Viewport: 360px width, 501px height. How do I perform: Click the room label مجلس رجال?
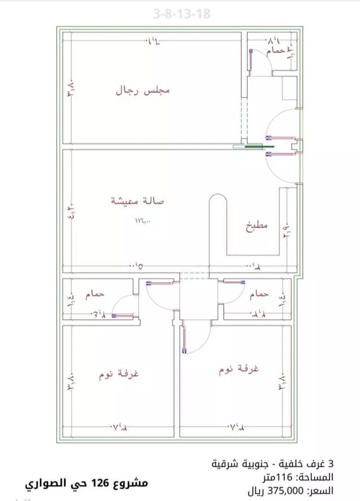[x=143, y=90]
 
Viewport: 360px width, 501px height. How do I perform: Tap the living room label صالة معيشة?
[x=138, y=202]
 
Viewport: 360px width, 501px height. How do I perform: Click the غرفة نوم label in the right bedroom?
[x=239, y=370]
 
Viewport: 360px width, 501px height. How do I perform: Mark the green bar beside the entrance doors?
[x=260, y=147]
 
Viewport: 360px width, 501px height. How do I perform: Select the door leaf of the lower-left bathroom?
[x=124, y=316]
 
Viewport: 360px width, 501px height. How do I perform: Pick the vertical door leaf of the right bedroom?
[x=185, y=339]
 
